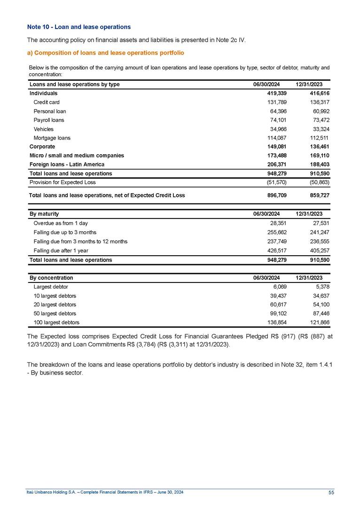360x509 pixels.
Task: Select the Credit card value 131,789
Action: coord(277,102)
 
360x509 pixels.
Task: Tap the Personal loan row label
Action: coord(50,111)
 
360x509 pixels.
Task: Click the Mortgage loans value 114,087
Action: coord(277,138)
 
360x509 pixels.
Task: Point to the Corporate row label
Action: coord(42,147)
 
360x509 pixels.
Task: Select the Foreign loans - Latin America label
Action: coord(67,164)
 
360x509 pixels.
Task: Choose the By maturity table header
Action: coord(44,214)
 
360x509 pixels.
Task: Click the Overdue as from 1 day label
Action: coord(61,224)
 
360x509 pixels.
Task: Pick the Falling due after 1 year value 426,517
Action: coord(277,251)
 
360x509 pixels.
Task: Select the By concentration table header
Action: coord(51,278)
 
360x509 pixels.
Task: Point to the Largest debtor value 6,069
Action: coord(279,287)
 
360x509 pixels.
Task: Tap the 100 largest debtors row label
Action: coord(56,322)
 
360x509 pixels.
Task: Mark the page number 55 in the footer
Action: coord(331,492)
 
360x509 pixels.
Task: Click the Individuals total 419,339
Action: coord(277,93)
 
